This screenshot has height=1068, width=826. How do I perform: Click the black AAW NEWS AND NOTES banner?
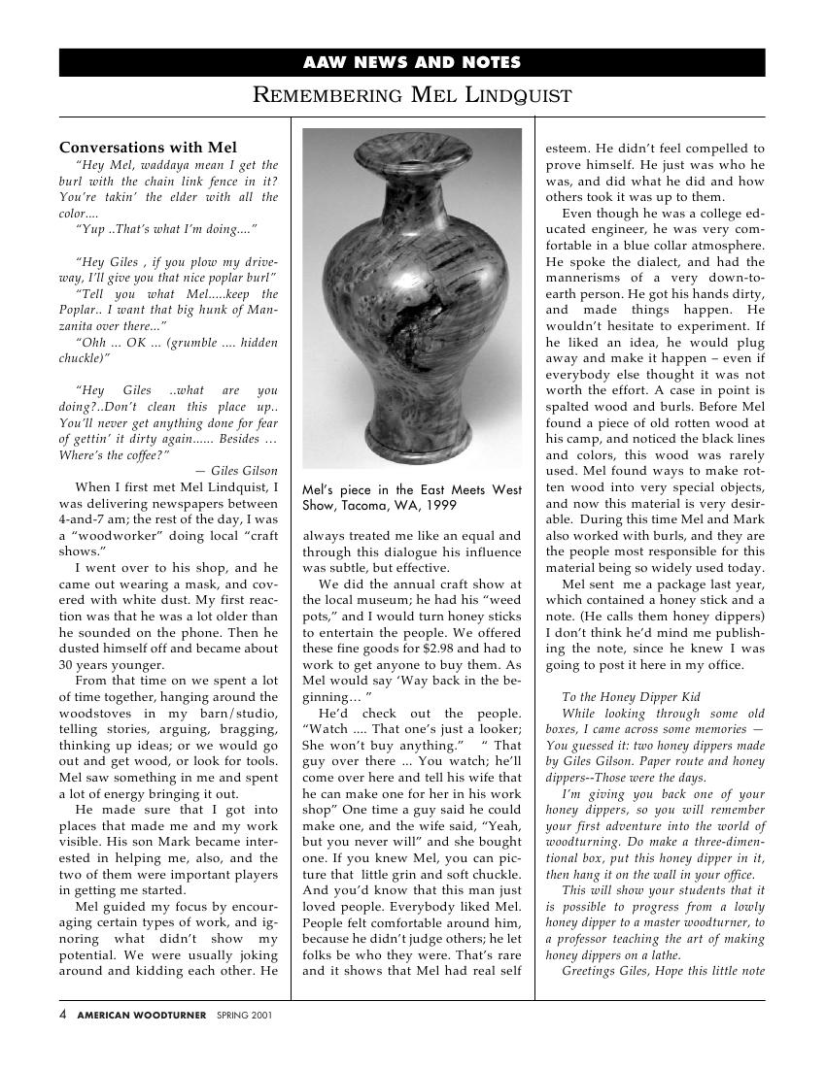(x=412, y=63)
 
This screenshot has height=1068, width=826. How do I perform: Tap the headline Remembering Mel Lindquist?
(x=412, y=95)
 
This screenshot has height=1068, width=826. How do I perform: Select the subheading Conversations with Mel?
(x=148, y=148)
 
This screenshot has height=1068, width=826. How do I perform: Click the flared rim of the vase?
(x=411, y=148)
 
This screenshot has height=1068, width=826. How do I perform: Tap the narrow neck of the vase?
(x=412, y=180)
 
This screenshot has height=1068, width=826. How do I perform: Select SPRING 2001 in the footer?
(x=244, y=1016)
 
